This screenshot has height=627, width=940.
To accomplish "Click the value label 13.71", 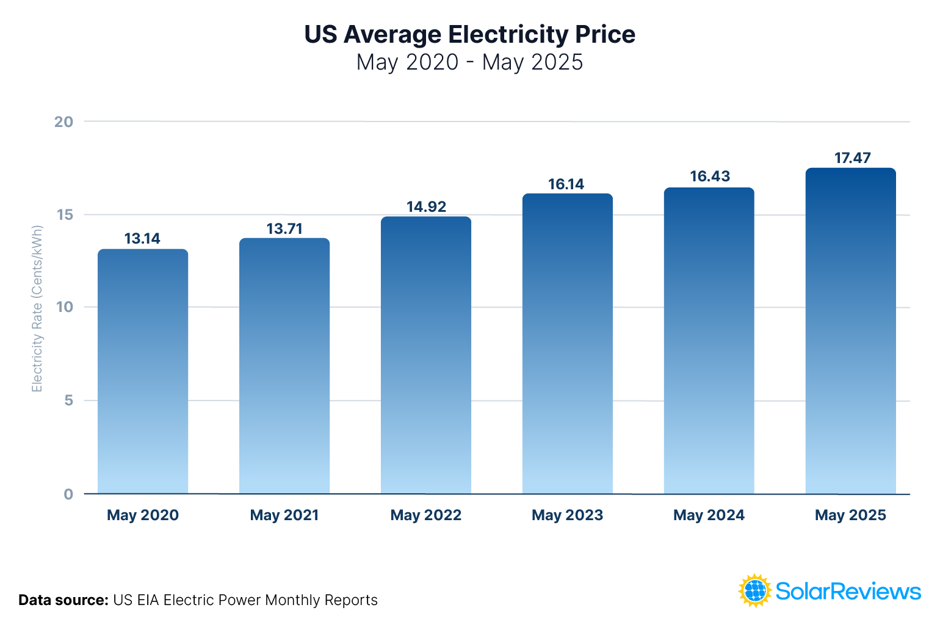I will coord(284,229).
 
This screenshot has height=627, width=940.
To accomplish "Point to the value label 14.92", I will coord(426,207).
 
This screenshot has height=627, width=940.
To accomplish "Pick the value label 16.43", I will coord(709,176).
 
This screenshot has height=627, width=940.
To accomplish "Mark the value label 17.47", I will coord(852,158).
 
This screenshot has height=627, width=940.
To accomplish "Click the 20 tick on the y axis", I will coord(63,121).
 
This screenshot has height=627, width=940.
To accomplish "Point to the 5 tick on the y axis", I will coord(68,400).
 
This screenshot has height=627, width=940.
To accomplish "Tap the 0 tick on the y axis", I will coord(68,494).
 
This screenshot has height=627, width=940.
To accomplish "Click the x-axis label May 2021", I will coord(284,515).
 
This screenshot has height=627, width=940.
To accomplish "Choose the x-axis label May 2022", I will coord(426,515).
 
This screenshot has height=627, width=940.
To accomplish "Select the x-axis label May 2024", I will coord(709,515).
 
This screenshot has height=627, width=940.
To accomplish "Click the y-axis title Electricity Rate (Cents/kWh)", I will coord(37,309).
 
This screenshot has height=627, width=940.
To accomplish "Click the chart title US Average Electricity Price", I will coord(469,34).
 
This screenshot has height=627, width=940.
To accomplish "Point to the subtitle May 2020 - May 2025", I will coord(469,62).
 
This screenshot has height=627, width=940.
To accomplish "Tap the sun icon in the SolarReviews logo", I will coord(755,590).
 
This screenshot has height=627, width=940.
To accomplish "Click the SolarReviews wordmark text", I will coord(848,591).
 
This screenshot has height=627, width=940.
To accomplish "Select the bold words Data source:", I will coord(63,600).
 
